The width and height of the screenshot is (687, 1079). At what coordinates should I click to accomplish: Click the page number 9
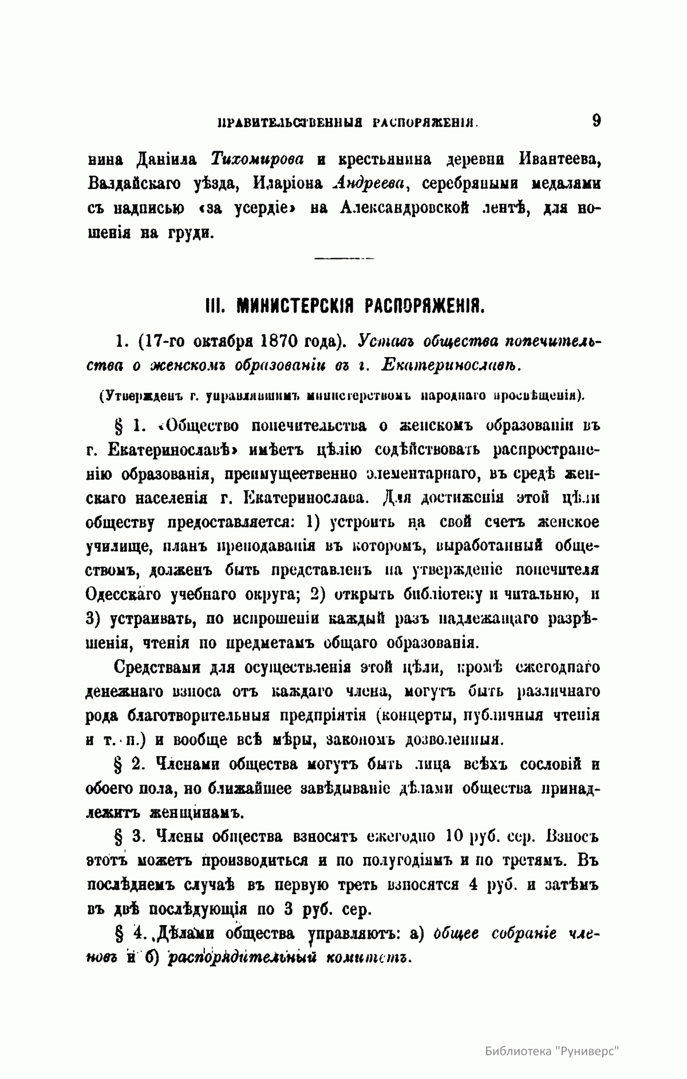click(595, 121)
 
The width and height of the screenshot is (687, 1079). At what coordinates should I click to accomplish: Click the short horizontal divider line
click(343, 260)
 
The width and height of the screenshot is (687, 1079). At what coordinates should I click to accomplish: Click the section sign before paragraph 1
click(120, 426)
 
